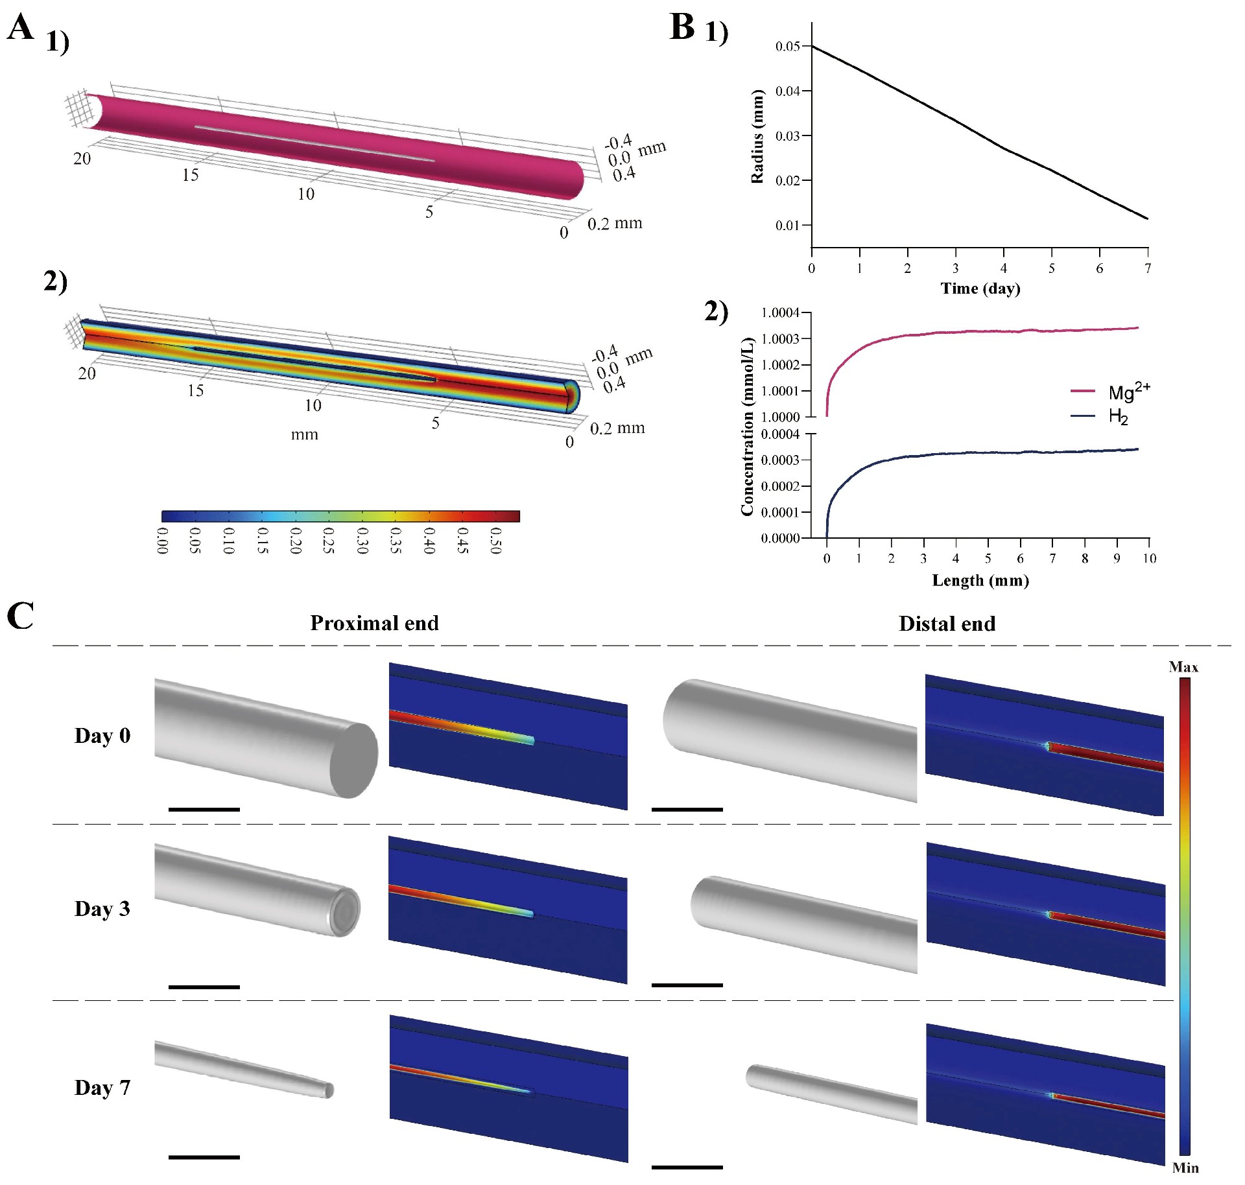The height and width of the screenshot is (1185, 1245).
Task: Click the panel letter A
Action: click(20, 29)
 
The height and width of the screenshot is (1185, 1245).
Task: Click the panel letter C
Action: click(20, 616)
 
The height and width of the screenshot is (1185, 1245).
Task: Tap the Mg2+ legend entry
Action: click(1128, 392)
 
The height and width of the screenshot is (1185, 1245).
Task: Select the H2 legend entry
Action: click(1118, 416)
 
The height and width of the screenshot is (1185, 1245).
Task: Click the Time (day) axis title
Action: click(980, 288)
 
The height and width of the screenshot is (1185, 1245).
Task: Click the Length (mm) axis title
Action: click(980, 580)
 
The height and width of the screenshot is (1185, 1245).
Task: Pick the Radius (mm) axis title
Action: click(757, 135)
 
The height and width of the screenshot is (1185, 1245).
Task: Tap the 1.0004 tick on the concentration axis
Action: click(780, 313)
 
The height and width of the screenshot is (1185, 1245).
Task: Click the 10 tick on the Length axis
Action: click(1149, 558)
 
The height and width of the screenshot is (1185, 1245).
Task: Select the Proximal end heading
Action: click(374, 623)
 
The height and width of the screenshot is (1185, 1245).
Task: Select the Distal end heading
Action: click(947, 624)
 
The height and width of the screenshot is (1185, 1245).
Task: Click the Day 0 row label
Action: click(102, 736)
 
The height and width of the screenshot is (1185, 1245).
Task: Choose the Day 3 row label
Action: click(102, 909)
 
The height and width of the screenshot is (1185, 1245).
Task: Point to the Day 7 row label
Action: click(102, 1087)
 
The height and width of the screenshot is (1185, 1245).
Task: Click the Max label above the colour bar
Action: click(1183, 667)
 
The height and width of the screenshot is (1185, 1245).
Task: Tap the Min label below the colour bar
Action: click(1185, 1167)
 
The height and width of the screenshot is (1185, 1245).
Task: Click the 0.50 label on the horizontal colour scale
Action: click(495, 540)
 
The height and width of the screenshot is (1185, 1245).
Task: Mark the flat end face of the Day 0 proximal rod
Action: click(354, 760)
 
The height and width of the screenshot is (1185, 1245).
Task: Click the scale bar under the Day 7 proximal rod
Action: click(204, 1156)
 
